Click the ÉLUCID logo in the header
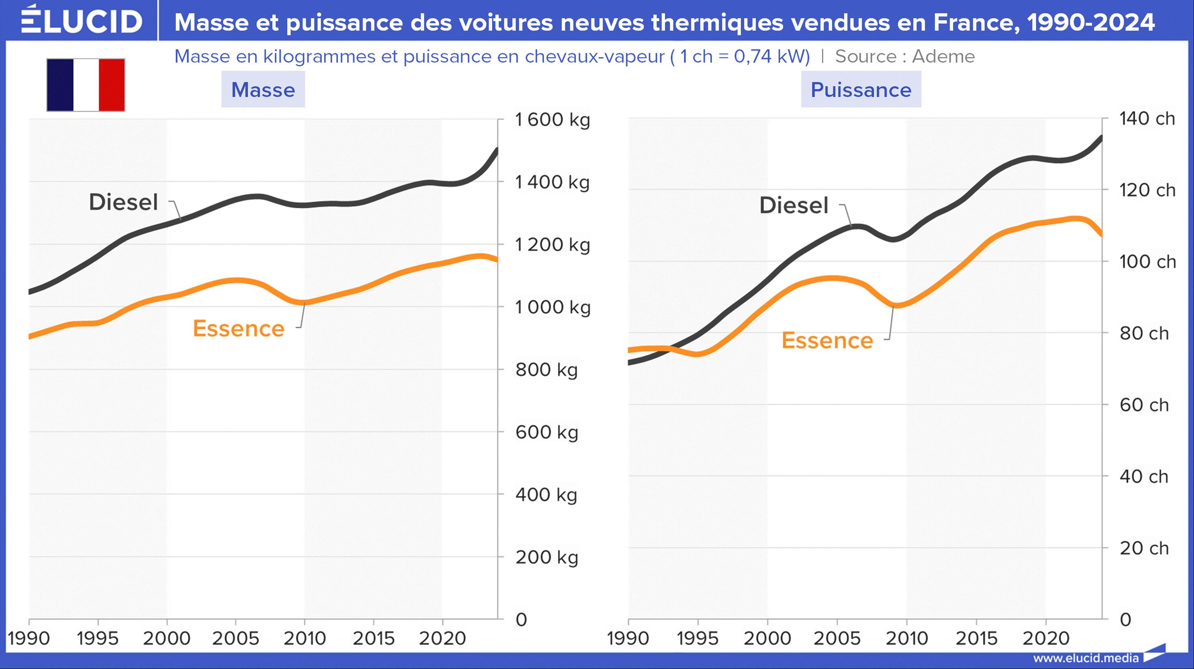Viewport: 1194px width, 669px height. [x=81, y=20]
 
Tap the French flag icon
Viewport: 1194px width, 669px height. [x=86, y=85]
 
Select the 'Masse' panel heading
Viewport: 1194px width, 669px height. [x=263, y=90]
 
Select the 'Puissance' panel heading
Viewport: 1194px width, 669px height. [x=861, y=90]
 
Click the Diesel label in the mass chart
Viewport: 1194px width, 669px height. [x=123, y=203]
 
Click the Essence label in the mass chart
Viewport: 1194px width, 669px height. [x=238, y=329]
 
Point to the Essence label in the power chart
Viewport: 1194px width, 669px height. [x=827, y=340]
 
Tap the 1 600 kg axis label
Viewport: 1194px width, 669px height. [x=552, y=120]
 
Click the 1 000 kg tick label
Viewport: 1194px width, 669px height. [x=552, y=307]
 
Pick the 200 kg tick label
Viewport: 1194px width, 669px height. [x=547, y=557]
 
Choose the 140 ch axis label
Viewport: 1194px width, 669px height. [x=1147, y=119]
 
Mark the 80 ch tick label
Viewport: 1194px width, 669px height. [x=1144, y=333]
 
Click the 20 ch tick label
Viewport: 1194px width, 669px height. [x=1144, y=548]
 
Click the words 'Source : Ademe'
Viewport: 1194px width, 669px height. [x=905, y=56]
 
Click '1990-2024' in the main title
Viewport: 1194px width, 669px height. [x=1090, y=22]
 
